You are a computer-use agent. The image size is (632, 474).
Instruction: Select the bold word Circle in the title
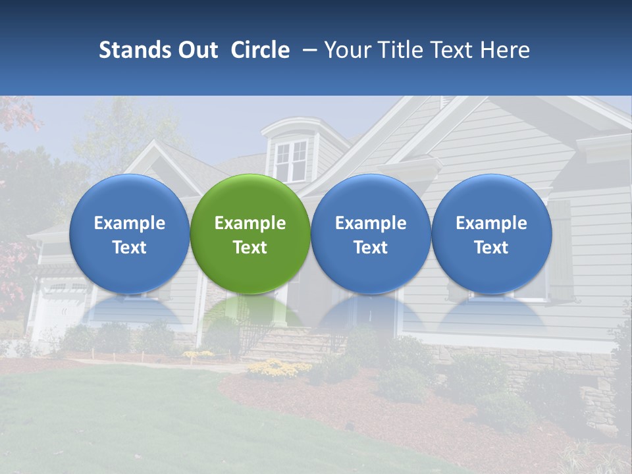tap(260, 50)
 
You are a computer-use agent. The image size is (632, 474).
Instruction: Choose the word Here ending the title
tap(505, 50)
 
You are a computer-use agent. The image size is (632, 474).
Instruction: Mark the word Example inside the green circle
tap(250, 223)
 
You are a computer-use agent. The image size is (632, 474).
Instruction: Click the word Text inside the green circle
tap(250, 248)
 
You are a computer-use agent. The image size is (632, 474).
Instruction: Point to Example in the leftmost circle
tap(129, 223)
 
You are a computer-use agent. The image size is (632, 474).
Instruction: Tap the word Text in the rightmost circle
tap(491, 248)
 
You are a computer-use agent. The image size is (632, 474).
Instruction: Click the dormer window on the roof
tap(290, 160)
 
